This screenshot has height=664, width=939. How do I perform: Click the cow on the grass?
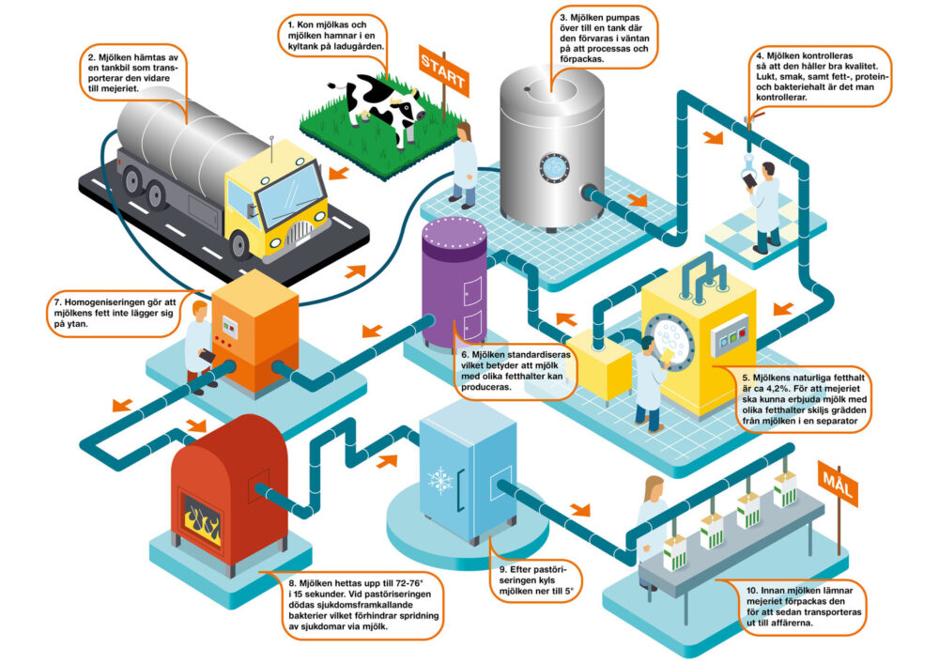380,103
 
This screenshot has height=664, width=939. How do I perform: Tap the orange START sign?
442,68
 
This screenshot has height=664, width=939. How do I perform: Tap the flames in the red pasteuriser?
202,519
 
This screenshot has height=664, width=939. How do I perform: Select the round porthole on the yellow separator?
670,337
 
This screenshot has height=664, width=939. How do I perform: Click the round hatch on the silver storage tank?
554,166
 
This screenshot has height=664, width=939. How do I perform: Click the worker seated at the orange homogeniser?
200,343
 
